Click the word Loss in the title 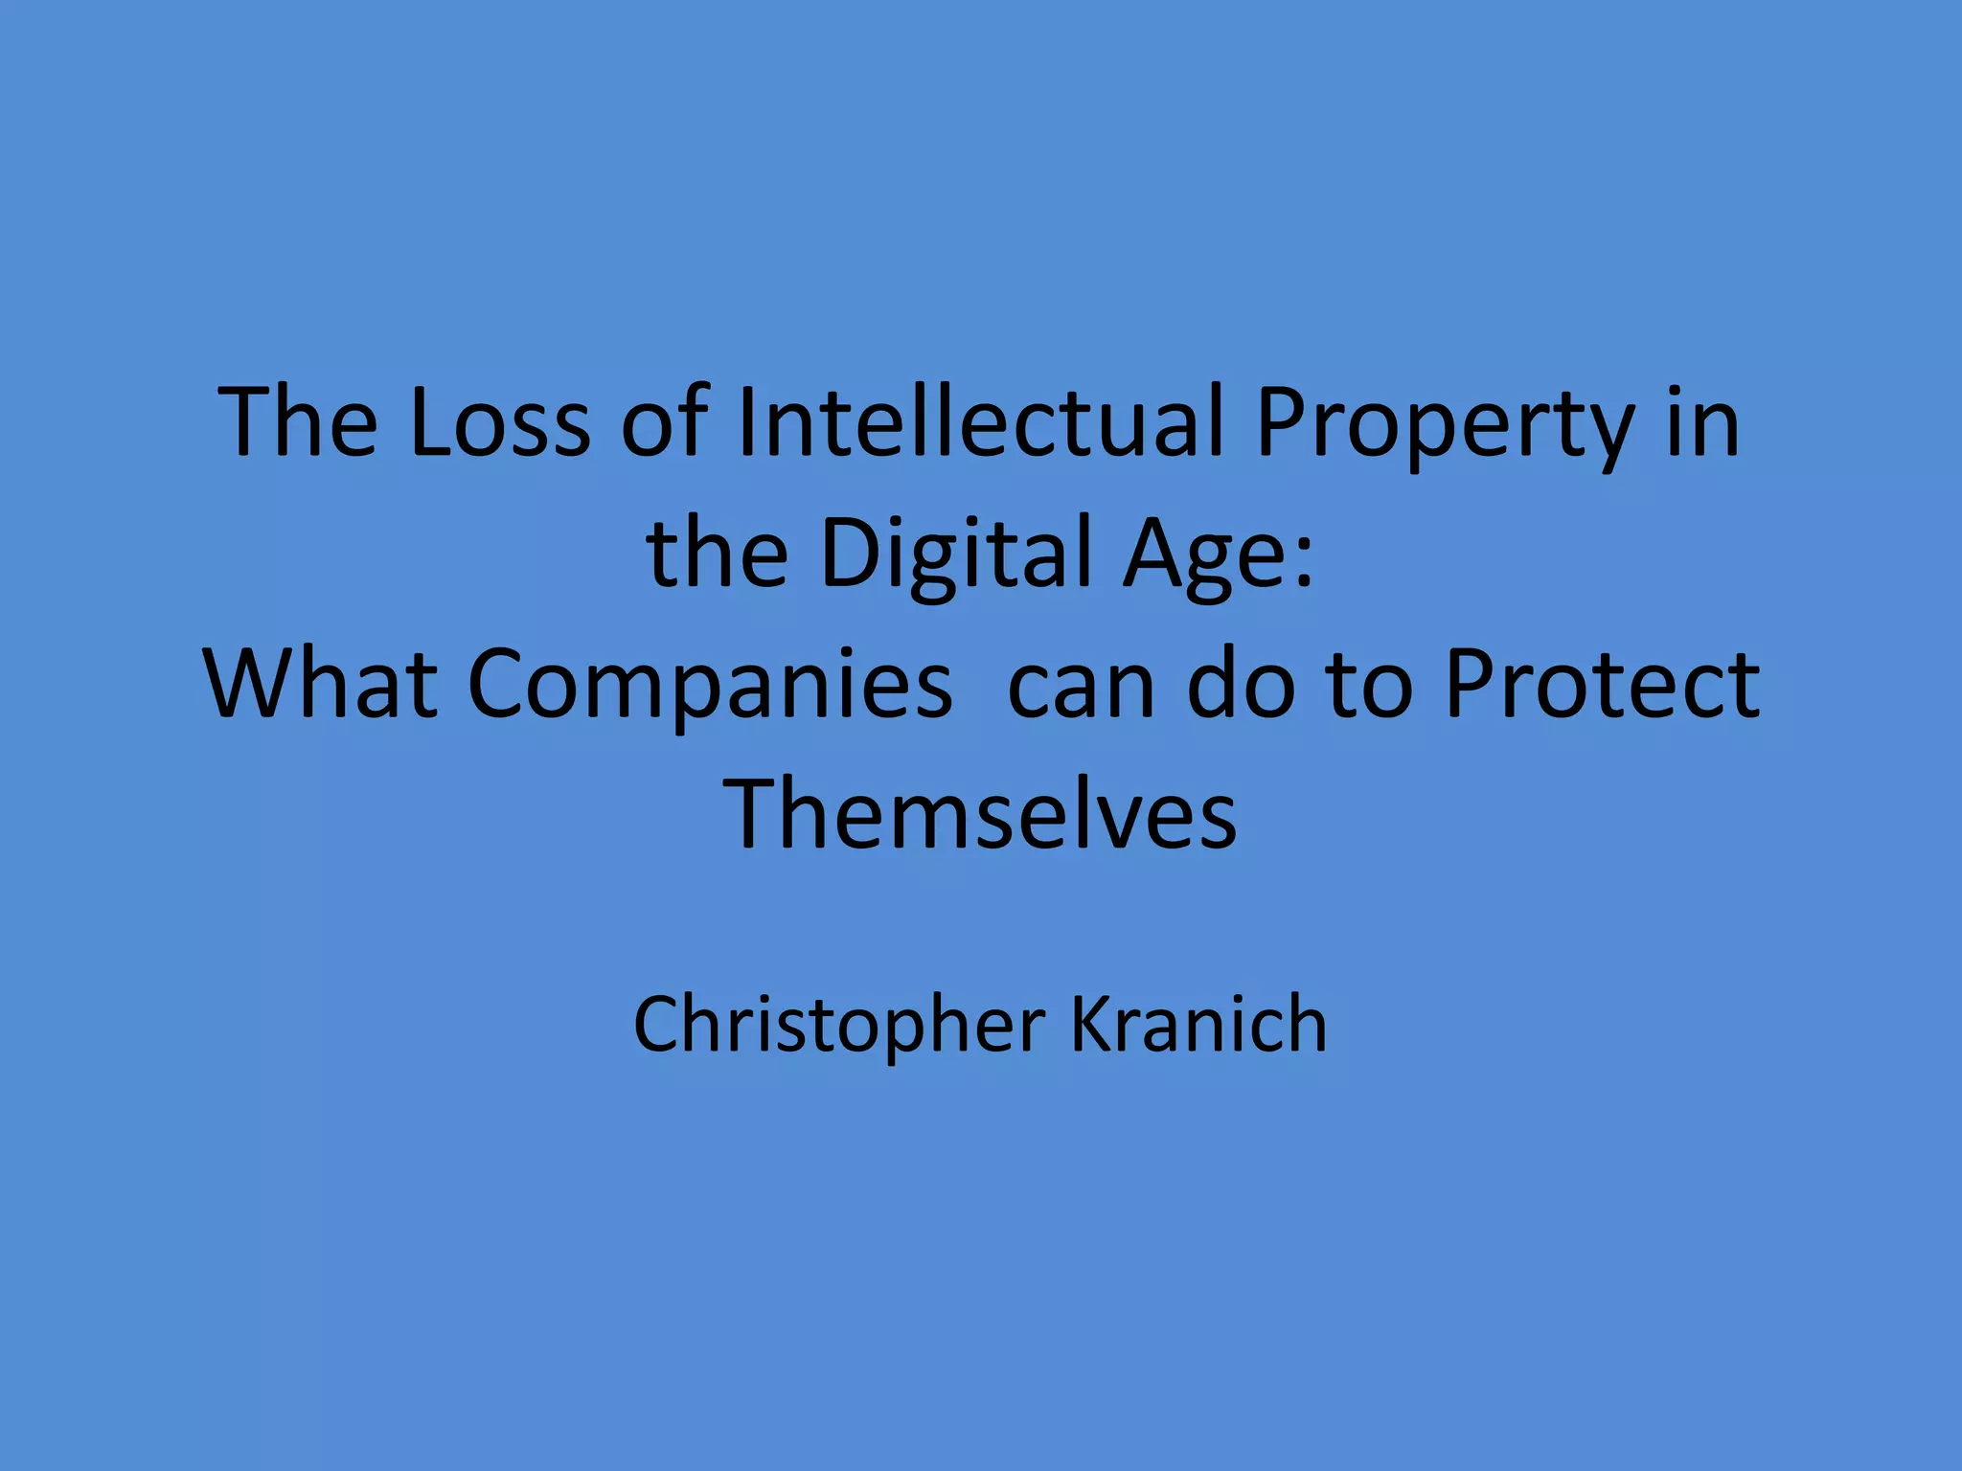tap(499, 422)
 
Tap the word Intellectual tap(981, 422)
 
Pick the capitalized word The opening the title tap(298, 422)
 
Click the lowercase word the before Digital tap(718, 554)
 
